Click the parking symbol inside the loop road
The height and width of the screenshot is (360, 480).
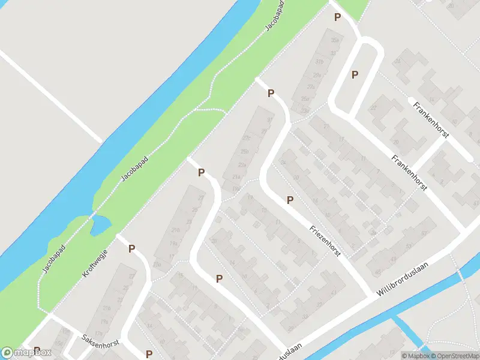pyautogui.click(x=355, y=74)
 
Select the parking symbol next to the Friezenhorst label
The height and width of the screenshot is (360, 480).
pyautogui.click(x=290, y=200)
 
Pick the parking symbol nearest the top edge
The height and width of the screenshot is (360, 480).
pyautogui.click(x=338, y=17)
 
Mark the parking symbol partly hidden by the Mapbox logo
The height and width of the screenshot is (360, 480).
pyautogui.click(x=37, y=350)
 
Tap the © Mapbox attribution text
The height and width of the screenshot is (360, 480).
pyautogui.click(x=414, y=355)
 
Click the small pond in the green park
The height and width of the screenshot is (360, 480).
pyautogui.click(x=99, y=226)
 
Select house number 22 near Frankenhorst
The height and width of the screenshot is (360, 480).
pyautogui.click(x=373, y=109)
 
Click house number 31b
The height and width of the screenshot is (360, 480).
pyautogui.click(x=320, y=62)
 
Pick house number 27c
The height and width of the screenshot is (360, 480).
pyautogui.click(x=246, y=138)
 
